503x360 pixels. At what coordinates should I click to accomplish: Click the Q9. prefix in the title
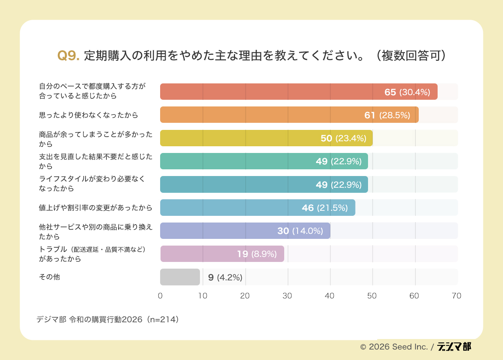tap(68, 56)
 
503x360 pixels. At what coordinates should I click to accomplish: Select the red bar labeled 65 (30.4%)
tap(298, 92)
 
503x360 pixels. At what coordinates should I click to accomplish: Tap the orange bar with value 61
tap(289, 115)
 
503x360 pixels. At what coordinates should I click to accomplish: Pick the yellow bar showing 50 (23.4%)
tap(266, 138)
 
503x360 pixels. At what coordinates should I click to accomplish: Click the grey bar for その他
tap(180, 277)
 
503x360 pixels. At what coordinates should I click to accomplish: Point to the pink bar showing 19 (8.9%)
tap(222, 254)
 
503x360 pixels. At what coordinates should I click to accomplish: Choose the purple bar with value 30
tap(245, 231)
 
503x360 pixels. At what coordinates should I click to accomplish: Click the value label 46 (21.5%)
tap(324, 208)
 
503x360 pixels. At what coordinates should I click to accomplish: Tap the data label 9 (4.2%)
tap(225, 277)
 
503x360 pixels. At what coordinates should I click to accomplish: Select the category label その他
tap(49, 277)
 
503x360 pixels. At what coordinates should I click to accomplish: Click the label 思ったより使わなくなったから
tap(88, 115)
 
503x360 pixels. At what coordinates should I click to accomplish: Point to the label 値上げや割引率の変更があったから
tap(95, 207)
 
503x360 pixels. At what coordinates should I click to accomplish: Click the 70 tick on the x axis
tap(456, 296)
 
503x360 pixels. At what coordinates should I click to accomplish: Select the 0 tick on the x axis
tap(160, 296)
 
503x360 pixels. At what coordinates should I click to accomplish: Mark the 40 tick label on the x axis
tap(329, 296)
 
